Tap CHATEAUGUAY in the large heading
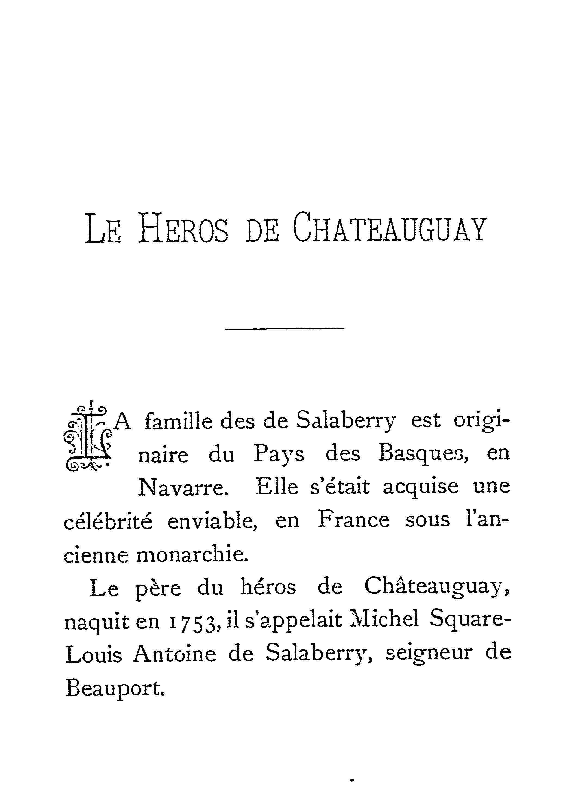point(389,228)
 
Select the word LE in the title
point(103,230)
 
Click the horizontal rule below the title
point(285,328)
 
